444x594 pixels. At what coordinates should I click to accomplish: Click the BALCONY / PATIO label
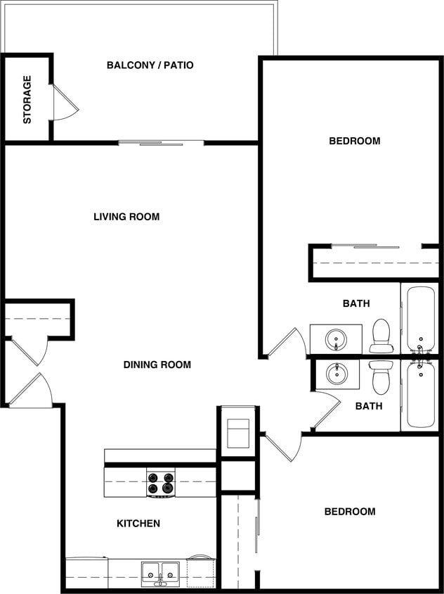click(x=150, y=65)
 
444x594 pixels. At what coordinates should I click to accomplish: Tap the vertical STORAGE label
click(x=27, y=99)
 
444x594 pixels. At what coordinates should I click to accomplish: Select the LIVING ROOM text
click(x=126, y=217)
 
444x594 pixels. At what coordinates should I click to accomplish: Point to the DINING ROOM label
click(x=157, y=365)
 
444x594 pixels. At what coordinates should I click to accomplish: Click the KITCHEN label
click(x=138, y=524)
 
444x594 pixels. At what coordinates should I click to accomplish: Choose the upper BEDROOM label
click(x=355, y=141)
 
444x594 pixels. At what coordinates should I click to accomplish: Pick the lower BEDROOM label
click(x=350, y=512)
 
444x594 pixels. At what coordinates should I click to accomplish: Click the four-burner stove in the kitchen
click(x=161, y=483)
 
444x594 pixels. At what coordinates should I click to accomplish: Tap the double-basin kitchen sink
click(x=161, y=573)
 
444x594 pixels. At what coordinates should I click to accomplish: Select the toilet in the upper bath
click(x=381, y=335)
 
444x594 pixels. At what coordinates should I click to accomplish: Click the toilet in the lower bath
click(x=381, y=377)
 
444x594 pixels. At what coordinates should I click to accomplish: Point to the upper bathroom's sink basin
click(x=336, y=340)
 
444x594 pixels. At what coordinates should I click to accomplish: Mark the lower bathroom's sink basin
click(x=337, y=373)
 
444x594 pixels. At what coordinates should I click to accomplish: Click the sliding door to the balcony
click(x=161, y=144)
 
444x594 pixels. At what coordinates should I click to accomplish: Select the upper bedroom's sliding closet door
click(x=365, y=246)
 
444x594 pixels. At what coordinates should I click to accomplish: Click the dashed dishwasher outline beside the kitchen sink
click(x=200, y=573)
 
